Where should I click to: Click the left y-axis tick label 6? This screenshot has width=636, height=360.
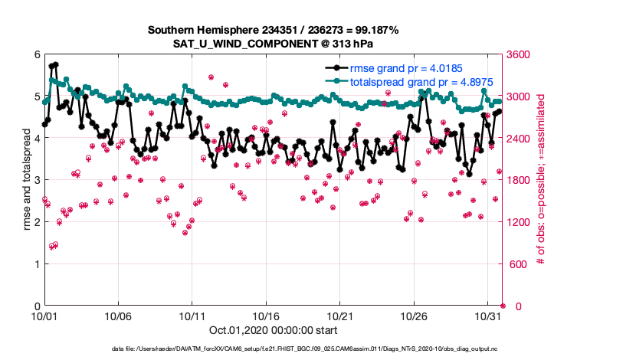click(x=36, y=55)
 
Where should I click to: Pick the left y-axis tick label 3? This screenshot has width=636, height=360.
click(x=36, y=181)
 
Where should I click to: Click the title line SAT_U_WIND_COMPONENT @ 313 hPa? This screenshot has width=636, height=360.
click(x=273, y=43)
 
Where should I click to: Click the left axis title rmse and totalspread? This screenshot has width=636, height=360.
click(x=26, y=181)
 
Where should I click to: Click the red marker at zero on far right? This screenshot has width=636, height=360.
click(x=503, y=306)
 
